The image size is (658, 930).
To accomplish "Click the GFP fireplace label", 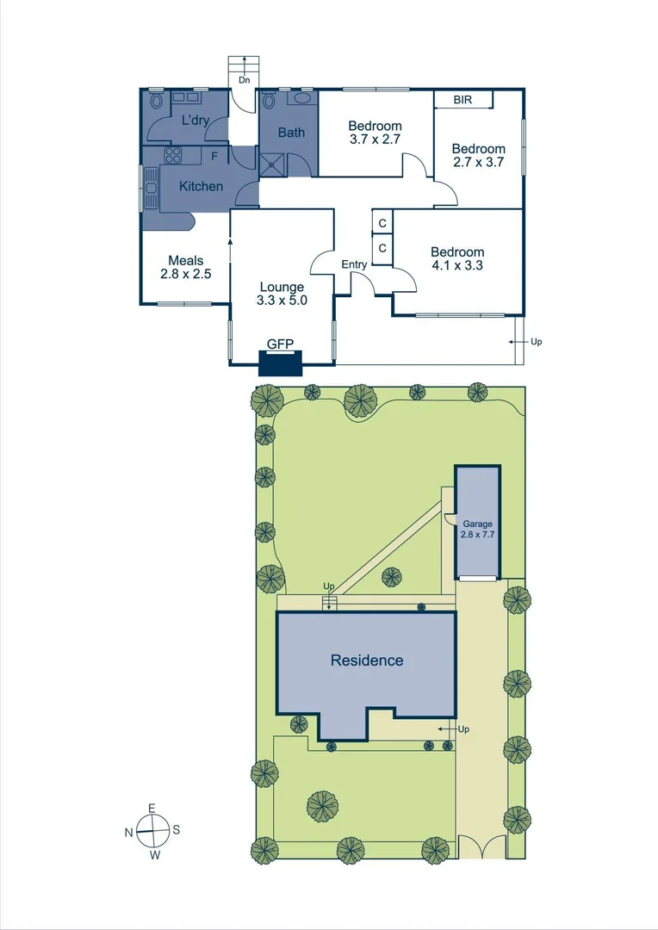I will tap(280, 344).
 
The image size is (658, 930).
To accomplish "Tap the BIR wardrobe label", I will tap(462, 101).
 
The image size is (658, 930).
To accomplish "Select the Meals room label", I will tap(185, 260).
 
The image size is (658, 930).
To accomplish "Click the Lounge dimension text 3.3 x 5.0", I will tap(282, 301).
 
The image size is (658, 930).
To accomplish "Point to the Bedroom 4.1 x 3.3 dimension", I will tap(456, 265).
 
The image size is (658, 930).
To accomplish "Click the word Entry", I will tap(354, 264).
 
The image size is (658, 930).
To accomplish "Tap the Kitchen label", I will tap(201, 186).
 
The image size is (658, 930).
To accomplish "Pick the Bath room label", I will tap(291, 133).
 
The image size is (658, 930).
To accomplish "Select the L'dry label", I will tap(196, 121).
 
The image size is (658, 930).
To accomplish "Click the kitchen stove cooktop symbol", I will tap(173, 156).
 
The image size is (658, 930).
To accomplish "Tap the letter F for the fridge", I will tap(214, 156).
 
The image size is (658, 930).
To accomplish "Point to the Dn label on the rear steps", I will tap(244, 80).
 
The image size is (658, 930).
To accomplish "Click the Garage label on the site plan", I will tap(477, 523).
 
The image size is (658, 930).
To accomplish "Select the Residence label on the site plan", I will tap(367, 660).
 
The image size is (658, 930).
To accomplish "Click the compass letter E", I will tap(152, 808).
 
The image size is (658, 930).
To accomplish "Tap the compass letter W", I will tap(156, 855).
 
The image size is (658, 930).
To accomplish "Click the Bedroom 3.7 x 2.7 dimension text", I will tap(375, 139).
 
